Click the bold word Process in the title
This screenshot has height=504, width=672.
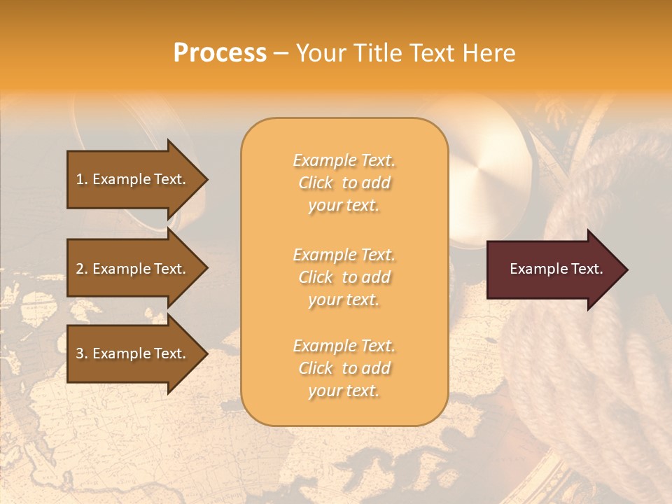pyautogui.click(x=220, y=53)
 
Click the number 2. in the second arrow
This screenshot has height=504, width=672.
pyautogui.click(x=82, y=269)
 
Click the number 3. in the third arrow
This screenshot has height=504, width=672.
pyautogui.click(x=82, y=353)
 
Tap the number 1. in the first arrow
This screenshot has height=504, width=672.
pyautogui.click(x=82, y=179)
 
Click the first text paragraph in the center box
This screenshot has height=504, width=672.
pyautogui.click(x=344, y=183)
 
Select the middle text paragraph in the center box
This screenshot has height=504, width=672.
pyautogui.click(x=344, y=277)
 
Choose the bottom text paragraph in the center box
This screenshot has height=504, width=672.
pyautogui.click(x=344, y=368)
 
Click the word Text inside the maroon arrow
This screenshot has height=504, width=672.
pyautogui.click(x=587, y=269)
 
